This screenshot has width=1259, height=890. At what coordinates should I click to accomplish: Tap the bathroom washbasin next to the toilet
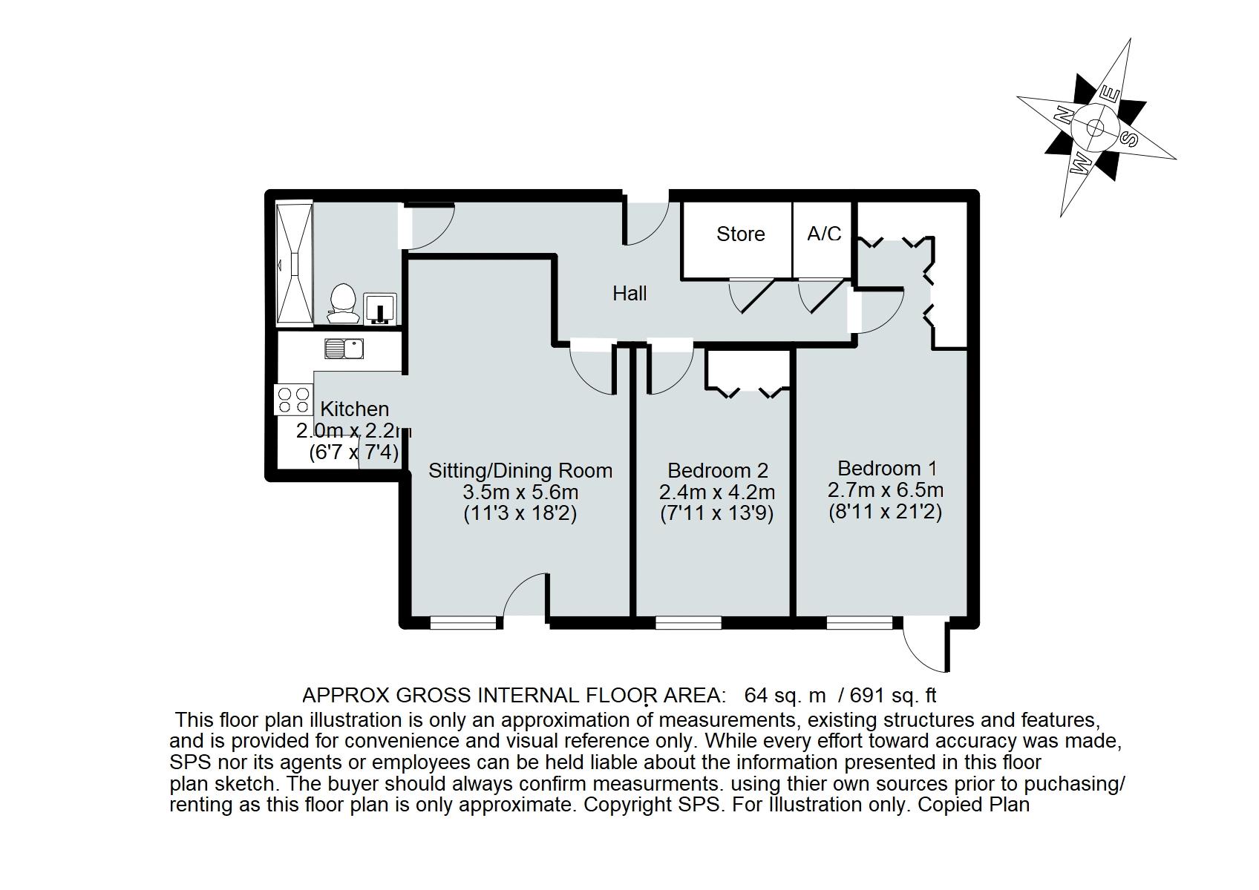[380, 308]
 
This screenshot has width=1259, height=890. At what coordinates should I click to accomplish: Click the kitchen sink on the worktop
[344, 348]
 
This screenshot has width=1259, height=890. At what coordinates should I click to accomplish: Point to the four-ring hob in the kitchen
[293, 400]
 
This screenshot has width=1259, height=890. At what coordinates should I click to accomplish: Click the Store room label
[740, 234]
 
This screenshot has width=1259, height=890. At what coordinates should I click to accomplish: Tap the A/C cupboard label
[824, 234]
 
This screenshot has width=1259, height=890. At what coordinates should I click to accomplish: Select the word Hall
[629, 294]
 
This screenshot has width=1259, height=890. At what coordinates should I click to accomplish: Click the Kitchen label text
[354, 409]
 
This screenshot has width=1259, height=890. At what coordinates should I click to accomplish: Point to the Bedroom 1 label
[887, 469]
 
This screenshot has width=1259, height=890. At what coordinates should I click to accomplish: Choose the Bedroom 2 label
[717, 471]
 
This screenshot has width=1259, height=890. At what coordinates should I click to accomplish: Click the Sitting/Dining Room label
[520, 471]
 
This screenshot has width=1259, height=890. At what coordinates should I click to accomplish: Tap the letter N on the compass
[1064, 116]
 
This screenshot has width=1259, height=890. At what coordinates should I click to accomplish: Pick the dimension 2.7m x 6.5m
[886, 490]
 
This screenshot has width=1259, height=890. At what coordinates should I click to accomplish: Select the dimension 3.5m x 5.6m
[520, 492]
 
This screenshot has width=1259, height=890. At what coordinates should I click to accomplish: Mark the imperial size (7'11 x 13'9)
[717, 514]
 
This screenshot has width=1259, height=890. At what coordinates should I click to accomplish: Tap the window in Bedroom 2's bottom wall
[688, 622]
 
